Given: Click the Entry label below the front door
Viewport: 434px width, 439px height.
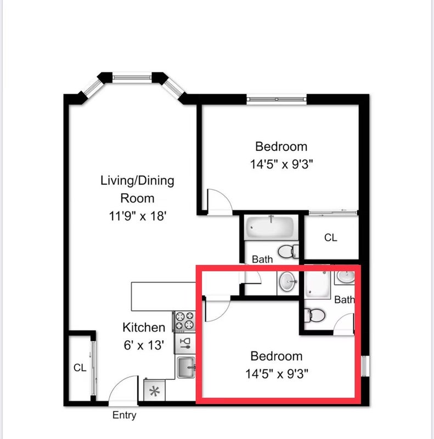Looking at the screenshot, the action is [125, 415].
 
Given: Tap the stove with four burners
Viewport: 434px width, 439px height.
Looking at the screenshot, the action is [184, 321].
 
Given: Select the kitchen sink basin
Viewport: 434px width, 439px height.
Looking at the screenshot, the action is [185, 367].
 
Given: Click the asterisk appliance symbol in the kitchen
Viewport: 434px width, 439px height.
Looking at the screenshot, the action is [154, 391].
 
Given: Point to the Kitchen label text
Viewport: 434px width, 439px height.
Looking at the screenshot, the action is [144, 328].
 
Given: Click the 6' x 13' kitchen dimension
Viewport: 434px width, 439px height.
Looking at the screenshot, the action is [144, 345].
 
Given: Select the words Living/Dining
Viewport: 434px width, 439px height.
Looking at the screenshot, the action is [137, 181].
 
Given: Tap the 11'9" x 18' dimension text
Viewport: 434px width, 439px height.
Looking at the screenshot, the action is [138, 216].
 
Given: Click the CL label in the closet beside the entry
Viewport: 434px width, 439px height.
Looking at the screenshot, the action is [80, 368].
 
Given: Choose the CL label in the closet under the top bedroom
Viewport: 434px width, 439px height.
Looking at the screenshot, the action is [331, 238].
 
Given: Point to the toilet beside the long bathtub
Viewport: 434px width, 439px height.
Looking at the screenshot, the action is [289, 251].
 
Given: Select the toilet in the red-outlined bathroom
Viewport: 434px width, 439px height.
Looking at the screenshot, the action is [314, 316].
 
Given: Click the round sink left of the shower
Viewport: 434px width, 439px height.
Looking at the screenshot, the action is [288, 281].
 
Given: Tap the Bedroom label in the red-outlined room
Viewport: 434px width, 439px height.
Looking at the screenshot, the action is [277, 356].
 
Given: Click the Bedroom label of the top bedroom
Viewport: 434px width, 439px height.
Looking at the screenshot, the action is [281, 147].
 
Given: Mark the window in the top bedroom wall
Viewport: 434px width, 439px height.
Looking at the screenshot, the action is [277, 99].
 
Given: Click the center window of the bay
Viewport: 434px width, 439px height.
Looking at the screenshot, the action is [132, 77].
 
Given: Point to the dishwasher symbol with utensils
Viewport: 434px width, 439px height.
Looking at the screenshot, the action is [185, 344].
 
